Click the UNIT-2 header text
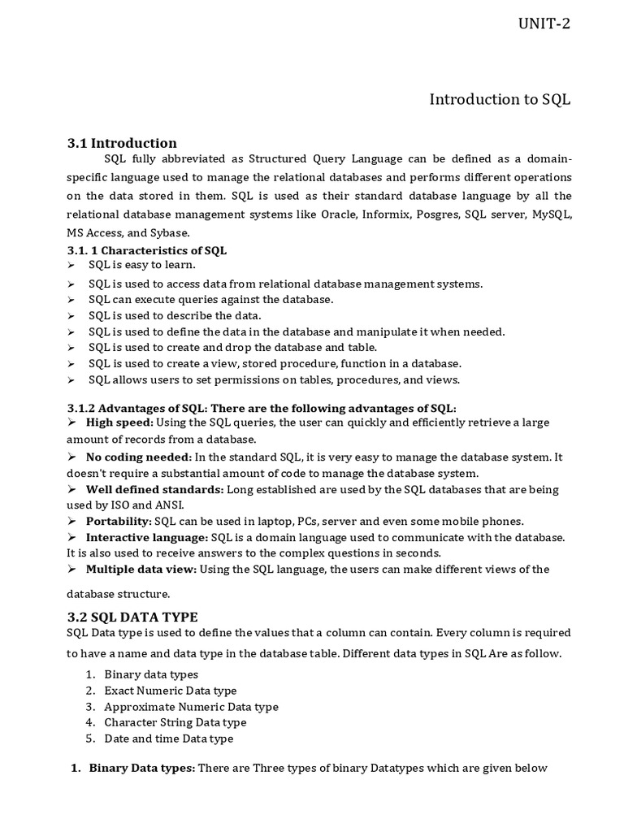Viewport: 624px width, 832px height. (544, 23)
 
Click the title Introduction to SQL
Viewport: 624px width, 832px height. (500, 99)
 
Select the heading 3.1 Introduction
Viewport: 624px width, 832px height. (122, 143)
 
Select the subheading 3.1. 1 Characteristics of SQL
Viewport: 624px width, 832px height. (147, 250)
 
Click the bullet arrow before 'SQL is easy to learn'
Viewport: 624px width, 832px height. (71, 265)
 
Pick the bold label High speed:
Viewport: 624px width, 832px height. (119, 422)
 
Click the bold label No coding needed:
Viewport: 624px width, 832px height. (139, 457)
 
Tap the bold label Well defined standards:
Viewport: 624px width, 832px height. (154, 489)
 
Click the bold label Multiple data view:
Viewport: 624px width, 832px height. (141, 569)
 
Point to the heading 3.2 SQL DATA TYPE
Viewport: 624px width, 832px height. (132, 616)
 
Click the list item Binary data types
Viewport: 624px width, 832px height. (151, 674)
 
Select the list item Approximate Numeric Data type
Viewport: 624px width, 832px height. (191, 707)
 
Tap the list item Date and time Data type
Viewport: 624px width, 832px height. (169, 739)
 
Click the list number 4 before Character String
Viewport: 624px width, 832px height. (90, 722)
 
